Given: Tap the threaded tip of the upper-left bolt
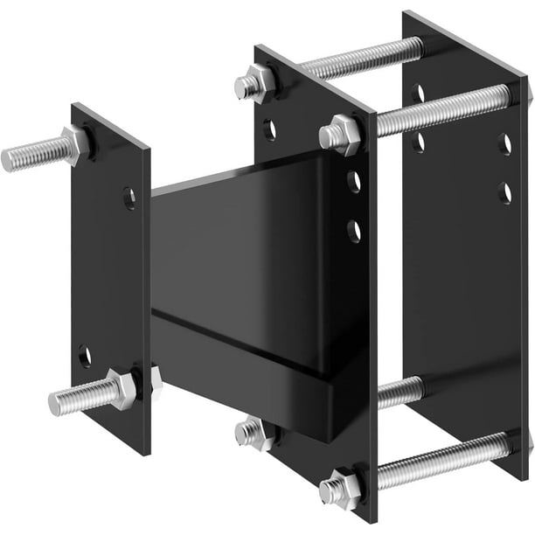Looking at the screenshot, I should click(10, 159).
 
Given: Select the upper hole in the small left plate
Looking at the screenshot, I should click(129, 198).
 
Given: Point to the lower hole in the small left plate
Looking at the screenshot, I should click(85, 356).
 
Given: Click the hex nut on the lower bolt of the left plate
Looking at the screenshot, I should click(122, 389).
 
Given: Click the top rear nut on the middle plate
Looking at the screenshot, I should click(254, 85).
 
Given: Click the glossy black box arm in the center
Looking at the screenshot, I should click(254, 254).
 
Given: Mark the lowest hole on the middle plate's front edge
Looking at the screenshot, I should click(353, 231).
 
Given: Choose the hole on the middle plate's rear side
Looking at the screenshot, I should click(270, 129).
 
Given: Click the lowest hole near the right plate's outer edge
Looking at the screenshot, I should click(504, 192).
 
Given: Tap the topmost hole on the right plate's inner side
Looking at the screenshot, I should click(418, 93).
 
